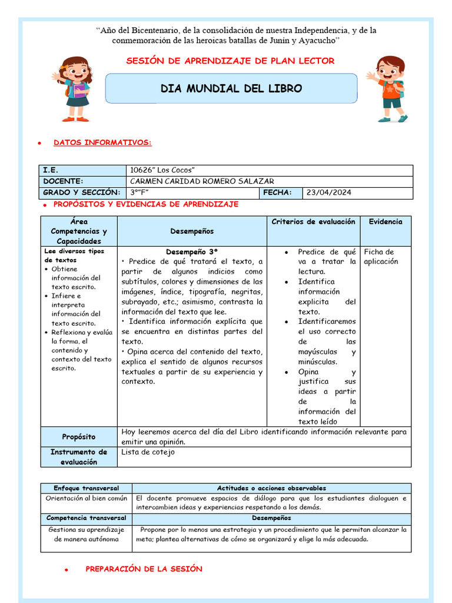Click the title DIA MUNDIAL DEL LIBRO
click(231, 89)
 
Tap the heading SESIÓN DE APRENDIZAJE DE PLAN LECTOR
click(231, 61)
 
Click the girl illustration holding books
click(74, 88)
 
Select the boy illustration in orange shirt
click(388, 88)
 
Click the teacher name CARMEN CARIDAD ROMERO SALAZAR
click(202, 181)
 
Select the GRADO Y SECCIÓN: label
click(81, 193)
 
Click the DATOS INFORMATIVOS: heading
click(102, 143)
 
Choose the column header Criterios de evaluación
click(313, 222)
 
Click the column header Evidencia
click(385, 222)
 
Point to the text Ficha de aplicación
click(381, 257)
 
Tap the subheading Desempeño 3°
click(192, 251)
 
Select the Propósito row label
click(79, 437)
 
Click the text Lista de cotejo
click(148, 452)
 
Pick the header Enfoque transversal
click(86, 488)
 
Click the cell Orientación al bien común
click(86, 498)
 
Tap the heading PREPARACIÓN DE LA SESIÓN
click(144, 569)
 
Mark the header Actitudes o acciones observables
click(271, 488)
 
